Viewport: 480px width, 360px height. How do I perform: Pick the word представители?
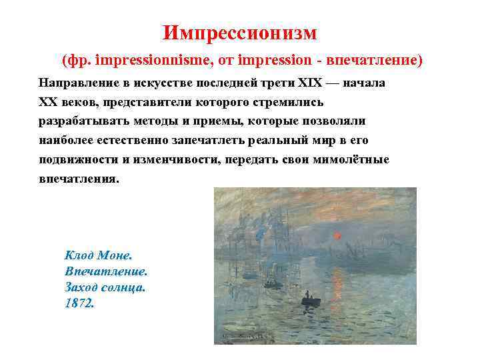(x=145, y=103)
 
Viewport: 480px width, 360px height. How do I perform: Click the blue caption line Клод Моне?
(x=98, y=255)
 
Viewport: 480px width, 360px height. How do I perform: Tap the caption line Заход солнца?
(x=105, y=287)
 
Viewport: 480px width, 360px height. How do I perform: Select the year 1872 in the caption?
(x=80, y=303)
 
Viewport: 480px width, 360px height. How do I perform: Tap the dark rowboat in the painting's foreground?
(x=311, y=301)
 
